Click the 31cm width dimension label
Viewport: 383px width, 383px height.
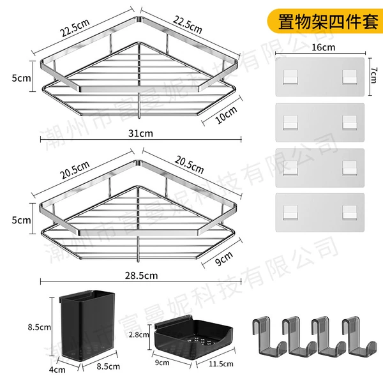[x=140, y=133]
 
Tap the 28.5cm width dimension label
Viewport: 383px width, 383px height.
[x=141, y=276]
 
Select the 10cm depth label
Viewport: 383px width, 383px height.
[x=226, y=115]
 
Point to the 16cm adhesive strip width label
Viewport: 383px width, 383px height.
[x=324, y=47]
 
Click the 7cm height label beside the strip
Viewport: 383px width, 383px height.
[x=373, y=75]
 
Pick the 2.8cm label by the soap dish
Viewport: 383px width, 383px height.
[x=139, y=334]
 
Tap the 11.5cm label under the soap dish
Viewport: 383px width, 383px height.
[x=221, y=364]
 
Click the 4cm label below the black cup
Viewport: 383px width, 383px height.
[x=57, y=370]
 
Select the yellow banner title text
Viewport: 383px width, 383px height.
[x=328, y=22]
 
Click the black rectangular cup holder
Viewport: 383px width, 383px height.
[x=87, y=326]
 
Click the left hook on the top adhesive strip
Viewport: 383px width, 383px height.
[x=290, y=77]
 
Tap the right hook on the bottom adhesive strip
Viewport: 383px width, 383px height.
[x=350, y=212]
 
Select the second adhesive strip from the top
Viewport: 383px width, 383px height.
[x=320, y=123]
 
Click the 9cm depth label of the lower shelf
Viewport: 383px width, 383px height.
[x=224, y=259]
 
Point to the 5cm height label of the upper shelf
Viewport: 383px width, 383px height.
[x=22, y=78]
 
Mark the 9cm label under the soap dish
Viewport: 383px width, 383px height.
[x=162, y=363]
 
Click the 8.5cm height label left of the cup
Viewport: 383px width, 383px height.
[x=39, y=327]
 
